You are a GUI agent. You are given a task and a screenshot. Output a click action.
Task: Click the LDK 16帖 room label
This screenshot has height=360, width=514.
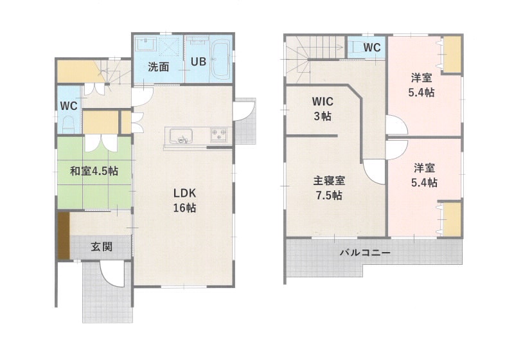pos(184,200)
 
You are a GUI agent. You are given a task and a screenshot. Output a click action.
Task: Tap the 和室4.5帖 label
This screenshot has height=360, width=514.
pos(94,171)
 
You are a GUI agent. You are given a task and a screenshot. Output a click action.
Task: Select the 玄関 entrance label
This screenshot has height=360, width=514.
pos(102,247)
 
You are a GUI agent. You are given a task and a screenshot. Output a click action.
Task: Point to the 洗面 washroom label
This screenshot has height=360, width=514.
pos(158,67)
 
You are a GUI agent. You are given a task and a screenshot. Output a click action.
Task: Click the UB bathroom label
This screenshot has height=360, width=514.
pos(199,61)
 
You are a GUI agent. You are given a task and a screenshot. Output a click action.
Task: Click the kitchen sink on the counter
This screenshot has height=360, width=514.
pos(181,136)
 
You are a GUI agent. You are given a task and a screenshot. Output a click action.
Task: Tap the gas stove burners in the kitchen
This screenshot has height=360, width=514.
pos(218,135)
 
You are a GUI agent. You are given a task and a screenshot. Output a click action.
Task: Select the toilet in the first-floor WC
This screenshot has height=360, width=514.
pos(68,125)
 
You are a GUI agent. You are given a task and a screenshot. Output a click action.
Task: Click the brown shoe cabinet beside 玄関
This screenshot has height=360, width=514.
pos(64,236)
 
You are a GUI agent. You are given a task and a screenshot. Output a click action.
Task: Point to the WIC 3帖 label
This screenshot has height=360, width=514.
pos(323,109)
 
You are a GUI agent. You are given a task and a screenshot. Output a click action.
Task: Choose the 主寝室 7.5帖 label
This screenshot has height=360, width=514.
pos(329,188)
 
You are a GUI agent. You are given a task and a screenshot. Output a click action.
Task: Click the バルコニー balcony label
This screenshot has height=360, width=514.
pos(365,253)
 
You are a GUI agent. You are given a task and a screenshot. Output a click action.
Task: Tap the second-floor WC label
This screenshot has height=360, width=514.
pos(372,48)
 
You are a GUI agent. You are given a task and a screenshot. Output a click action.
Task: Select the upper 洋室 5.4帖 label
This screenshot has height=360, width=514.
pos(421,85)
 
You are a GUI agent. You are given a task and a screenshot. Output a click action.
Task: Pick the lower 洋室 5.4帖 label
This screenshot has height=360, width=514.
pos(424,175)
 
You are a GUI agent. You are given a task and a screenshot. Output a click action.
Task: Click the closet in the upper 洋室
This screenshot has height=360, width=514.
pos(452,54)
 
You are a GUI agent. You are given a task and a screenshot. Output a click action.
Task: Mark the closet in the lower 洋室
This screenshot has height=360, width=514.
pos(452,219)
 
